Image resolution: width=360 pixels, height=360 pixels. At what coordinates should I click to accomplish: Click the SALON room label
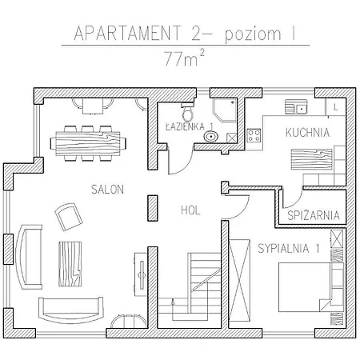[x=107, y=190]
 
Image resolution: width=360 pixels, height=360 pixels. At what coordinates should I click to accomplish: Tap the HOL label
[x=190, y=210]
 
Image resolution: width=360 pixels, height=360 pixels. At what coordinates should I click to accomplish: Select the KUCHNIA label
[x=307, y=133]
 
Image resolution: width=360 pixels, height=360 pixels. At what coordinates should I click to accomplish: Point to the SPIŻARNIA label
[x=314, y=215]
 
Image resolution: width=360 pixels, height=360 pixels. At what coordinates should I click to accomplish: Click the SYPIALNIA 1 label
[x=289, y=248]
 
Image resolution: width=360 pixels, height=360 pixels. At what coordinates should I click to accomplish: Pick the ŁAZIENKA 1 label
[x=190, y=126]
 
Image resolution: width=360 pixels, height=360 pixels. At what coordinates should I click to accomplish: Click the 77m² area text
[x=185, y=58]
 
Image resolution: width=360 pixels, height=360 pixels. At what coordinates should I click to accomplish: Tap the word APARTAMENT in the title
[x=127, y=34]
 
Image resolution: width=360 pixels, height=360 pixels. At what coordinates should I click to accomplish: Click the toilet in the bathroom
[x=188, y=112]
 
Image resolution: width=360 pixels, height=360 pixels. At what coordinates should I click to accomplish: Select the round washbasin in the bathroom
[x=211, y=137]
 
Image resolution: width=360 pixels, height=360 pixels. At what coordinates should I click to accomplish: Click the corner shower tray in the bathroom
[x=224, y=110]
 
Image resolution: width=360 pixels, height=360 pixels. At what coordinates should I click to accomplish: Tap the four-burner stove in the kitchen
[x=254, y=135]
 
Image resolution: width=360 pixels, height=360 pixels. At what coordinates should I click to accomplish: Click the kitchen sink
[x=296, y=106]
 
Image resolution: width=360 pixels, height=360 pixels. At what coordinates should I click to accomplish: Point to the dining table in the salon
[x=88, y=143]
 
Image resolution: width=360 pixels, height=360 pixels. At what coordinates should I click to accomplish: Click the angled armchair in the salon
[x=69, y=217]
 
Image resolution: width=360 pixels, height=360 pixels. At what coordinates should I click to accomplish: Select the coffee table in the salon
[x=70, y=264]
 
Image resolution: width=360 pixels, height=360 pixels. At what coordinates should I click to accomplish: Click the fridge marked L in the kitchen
[x=335, y=107]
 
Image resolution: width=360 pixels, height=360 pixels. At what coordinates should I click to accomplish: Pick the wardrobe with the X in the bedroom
[x=239, y=280]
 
